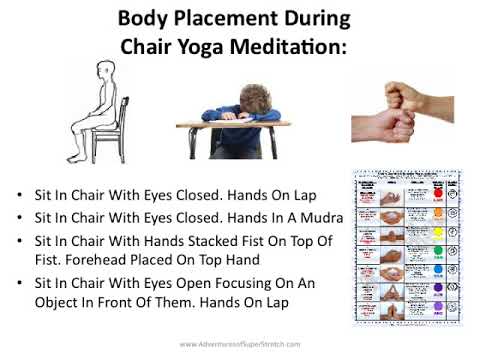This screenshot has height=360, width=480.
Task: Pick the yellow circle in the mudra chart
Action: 437,230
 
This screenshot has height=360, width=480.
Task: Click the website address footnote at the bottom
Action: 239,344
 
